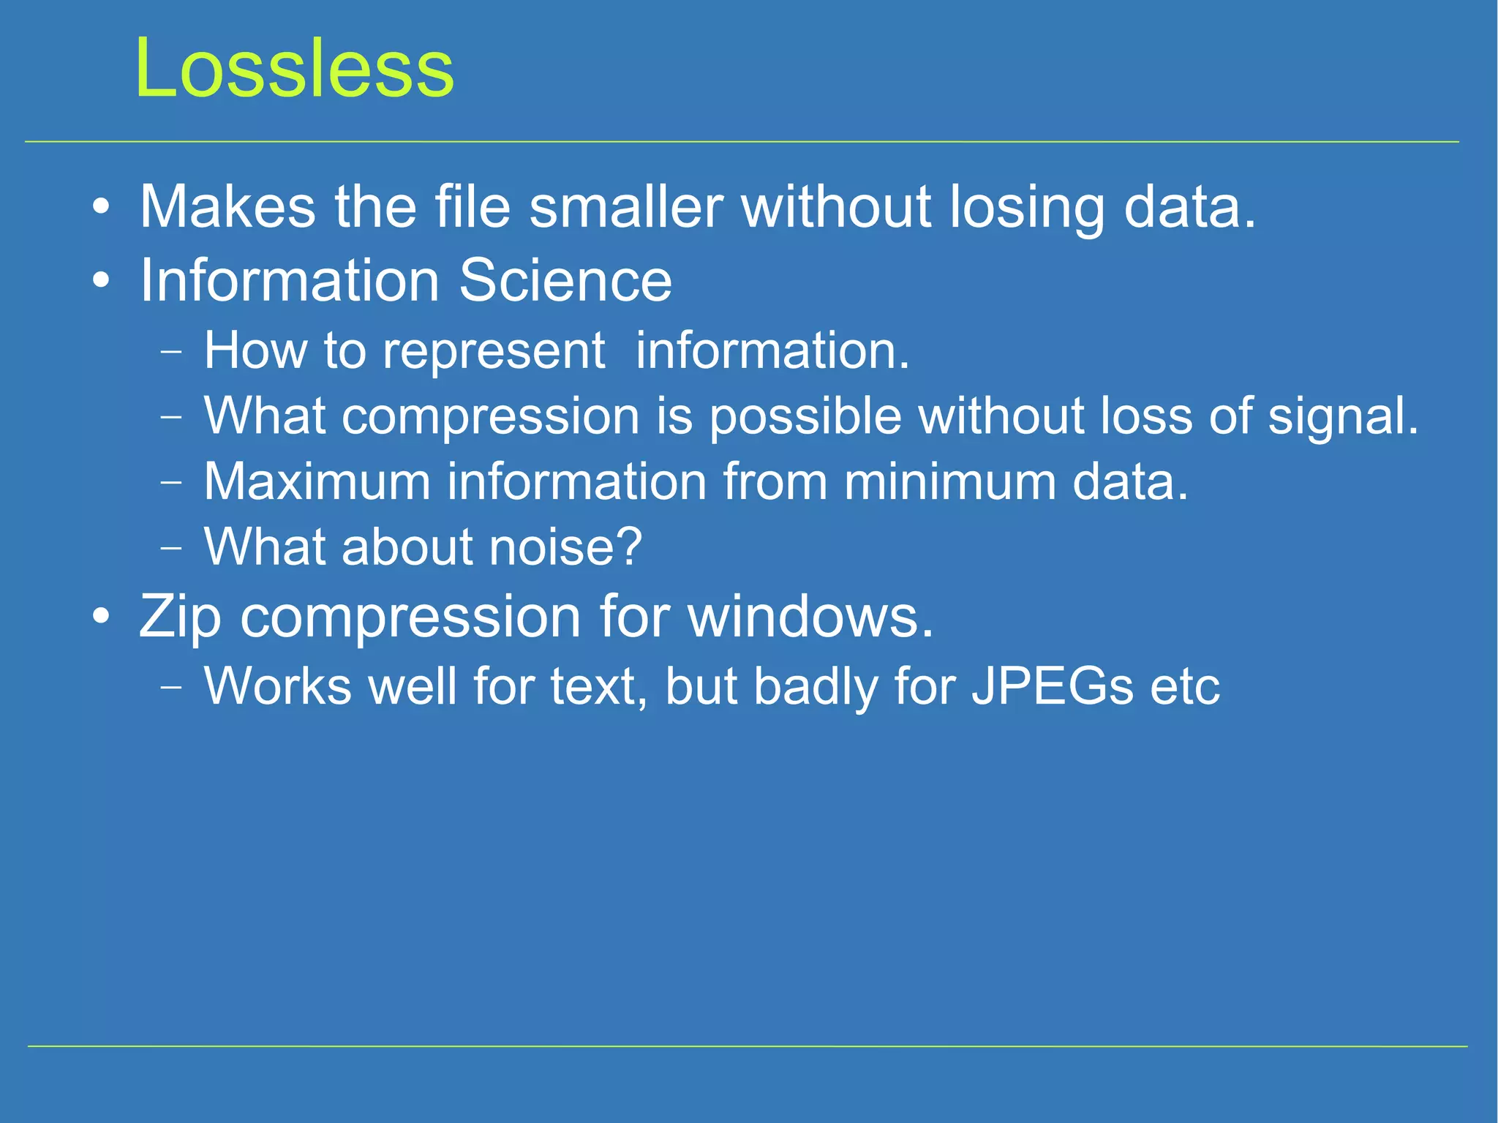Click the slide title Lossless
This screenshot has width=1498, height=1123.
pos(294,68)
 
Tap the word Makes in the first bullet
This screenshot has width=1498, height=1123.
pos(227,207)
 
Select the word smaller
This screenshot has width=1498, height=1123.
pos(625,207)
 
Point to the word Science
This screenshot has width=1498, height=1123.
pos(565,280)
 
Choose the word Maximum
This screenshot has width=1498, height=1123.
pos(316,482)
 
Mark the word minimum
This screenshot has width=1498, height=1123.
pos(949,482)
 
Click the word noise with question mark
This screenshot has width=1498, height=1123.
pos(565,547)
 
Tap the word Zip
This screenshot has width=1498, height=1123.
pos(180,617)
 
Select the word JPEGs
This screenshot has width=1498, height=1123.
pos(1052,687)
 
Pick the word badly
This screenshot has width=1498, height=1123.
pos(815,687)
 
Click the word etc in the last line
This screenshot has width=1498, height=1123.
pos(1184,687)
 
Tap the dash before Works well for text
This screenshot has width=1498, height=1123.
pos(170,687)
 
